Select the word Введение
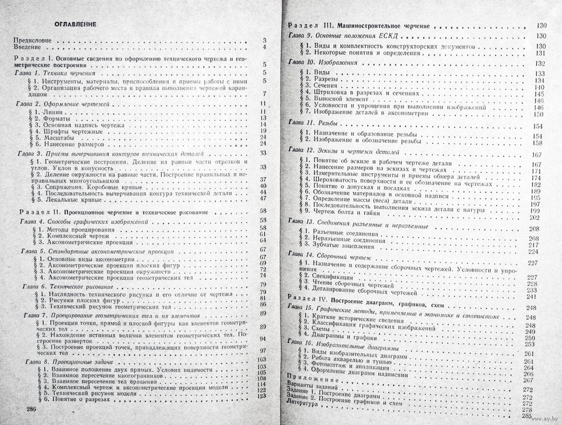[x=28, y=47]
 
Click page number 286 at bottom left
[x=27, y=408]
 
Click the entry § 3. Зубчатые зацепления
[x=343, y=246]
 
